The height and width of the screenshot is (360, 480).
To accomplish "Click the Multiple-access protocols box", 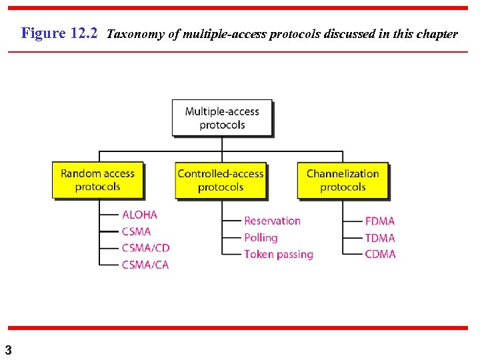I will point(222,118).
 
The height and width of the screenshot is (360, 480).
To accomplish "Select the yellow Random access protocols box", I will point(97,180).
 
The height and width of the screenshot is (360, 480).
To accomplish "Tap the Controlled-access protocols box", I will point(221,180).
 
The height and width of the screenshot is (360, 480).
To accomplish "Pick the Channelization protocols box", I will point(343,180).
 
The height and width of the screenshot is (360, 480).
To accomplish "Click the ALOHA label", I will point(139,215).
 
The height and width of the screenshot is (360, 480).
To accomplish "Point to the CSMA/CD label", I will point(145,248).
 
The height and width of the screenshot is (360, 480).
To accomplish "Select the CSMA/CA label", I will point(145,265).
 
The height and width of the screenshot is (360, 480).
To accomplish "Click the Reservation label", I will point(272,221).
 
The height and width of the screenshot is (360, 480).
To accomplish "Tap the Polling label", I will point(261,237).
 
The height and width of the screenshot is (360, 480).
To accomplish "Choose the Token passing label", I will point(278,254).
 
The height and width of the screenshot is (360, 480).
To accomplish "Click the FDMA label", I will point(380,221).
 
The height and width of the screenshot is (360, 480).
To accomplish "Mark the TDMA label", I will point(380,237).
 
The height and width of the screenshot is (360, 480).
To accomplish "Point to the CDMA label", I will point(380,254).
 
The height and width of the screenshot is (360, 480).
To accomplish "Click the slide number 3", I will point(8,349).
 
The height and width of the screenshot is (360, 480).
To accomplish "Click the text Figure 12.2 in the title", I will point(60,33).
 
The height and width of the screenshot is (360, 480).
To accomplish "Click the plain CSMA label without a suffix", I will point(136,231).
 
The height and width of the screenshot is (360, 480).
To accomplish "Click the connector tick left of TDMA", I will point(352,237).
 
